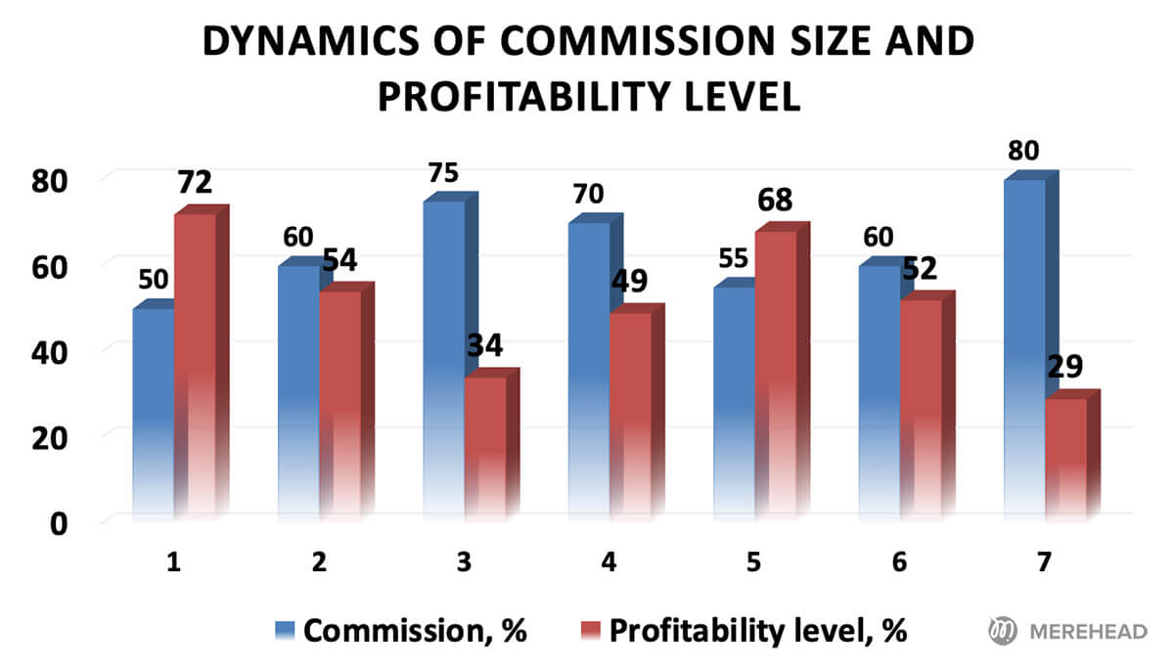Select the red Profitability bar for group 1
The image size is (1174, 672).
click(x=195, y=362)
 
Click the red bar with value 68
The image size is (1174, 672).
click(x=775, y=372)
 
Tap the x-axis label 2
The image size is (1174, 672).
click(x=318, y=562)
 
